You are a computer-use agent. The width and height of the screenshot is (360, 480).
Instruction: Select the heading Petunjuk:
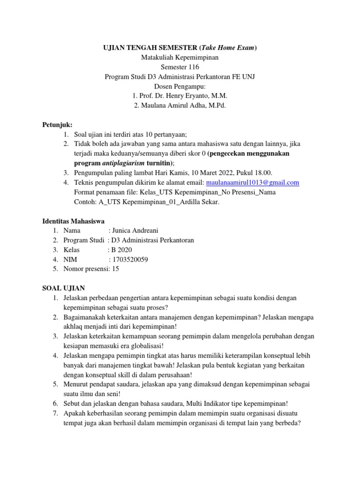pyautogui.click(x=57, y=125)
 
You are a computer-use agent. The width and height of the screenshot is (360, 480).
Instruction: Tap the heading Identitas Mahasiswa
pyautogui.click(x=73, y=220)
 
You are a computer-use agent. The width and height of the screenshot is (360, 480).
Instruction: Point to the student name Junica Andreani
pyautogui.click(x=135, y=231)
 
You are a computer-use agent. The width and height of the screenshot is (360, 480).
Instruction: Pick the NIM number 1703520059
pyautogui.click(x=134, y=259)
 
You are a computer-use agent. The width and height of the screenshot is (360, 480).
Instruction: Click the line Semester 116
pyautogui.click(x=180, y=67)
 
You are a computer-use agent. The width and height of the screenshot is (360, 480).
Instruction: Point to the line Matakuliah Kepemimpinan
pyautogui.click(x=180, y=57)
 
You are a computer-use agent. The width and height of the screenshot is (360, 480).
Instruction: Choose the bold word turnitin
pyautogui.click(x=157, y=163)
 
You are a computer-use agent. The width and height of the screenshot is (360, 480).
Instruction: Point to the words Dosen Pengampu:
pyautogui.click(x=180, y=86)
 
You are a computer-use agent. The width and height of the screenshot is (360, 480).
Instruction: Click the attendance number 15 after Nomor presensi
pyautogui.click(x=116, y=269)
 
